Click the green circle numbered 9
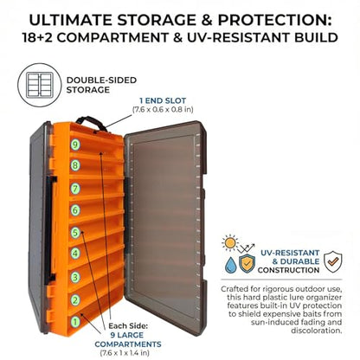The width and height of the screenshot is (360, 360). pos(75,145)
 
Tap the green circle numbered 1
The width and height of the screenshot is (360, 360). pos(75,321)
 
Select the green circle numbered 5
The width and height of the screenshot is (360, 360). pos(75,233)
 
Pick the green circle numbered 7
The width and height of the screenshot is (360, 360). pos(75,189)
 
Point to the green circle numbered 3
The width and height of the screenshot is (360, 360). pos(75,277)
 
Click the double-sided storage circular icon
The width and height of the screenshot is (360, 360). pos(40,86)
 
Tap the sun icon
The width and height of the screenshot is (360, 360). pos(230,243)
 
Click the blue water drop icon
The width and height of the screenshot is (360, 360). pos(231,265)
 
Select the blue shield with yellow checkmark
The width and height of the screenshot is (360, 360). pos(247,263)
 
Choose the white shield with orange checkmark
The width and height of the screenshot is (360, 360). pos(333,261)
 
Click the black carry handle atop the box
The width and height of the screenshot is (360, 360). pos(91,123)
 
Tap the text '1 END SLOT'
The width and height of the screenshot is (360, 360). pos(163,100)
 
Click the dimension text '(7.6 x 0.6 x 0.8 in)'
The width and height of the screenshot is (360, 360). pos(163,110)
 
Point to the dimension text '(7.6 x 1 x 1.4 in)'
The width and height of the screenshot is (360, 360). pos(125,352)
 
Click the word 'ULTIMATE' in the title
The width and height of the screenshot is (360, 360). pos(71,20)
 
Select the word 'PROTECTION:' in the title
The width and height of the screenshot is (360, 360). pos(274,20)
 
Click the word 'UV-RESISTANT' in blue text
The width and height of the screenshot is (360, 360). pos(290,253)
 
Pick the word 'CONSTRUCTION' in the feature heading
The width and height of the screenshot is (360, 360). pos(288,270)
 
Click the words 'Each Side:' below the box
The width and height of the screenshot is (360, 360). pos(128,326)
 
